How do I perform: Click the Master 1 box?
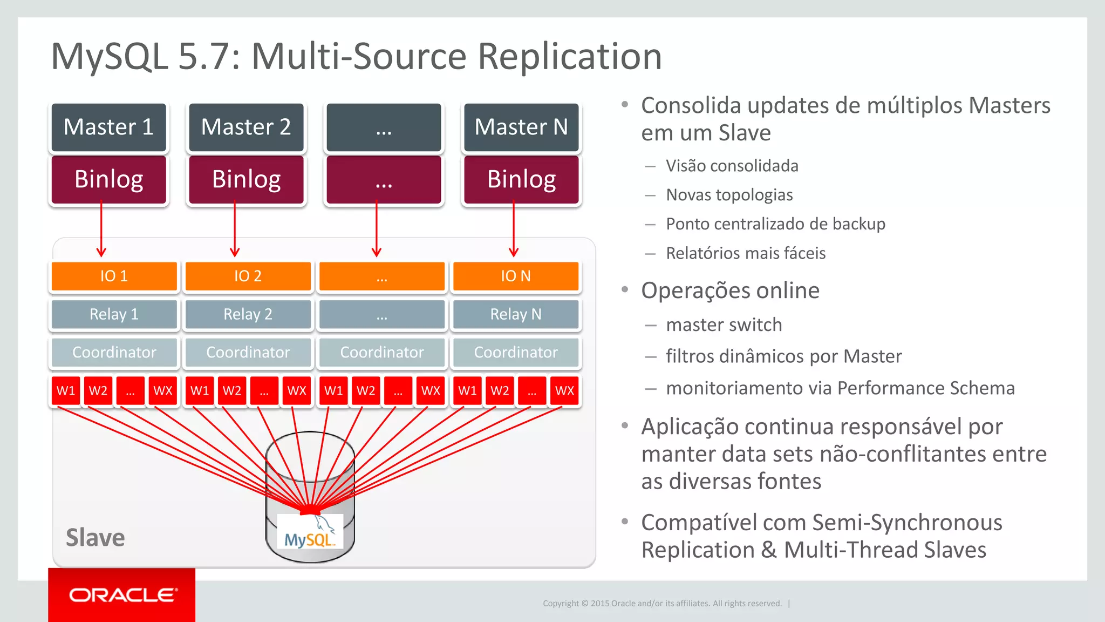(109, 127)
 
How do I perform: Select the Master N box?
(521, 127)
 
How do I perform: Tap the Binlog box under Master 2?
(247, 180)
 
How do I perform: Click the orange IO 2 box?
(248, 276)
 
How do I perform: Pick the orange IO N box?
(515, 276)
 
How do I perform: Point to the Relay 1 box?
(114, 314)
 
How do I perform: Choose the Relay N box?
(515, 314)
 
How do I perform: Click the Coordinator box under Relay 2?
(248, 353)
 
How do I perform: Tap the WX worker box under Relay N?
(564, 391)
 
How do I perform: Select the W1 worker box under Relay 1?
(66, 391)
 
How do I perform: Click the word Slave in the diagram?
(95, 538)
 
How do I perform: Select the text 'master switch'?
(724, 325)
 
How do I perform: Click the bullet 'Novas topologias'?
(729, 195)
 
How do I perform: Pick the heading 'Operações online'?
(730, 290)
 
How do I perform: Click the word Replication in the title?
(570, 56)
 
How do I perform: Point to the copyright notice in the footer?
(662, 604)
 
